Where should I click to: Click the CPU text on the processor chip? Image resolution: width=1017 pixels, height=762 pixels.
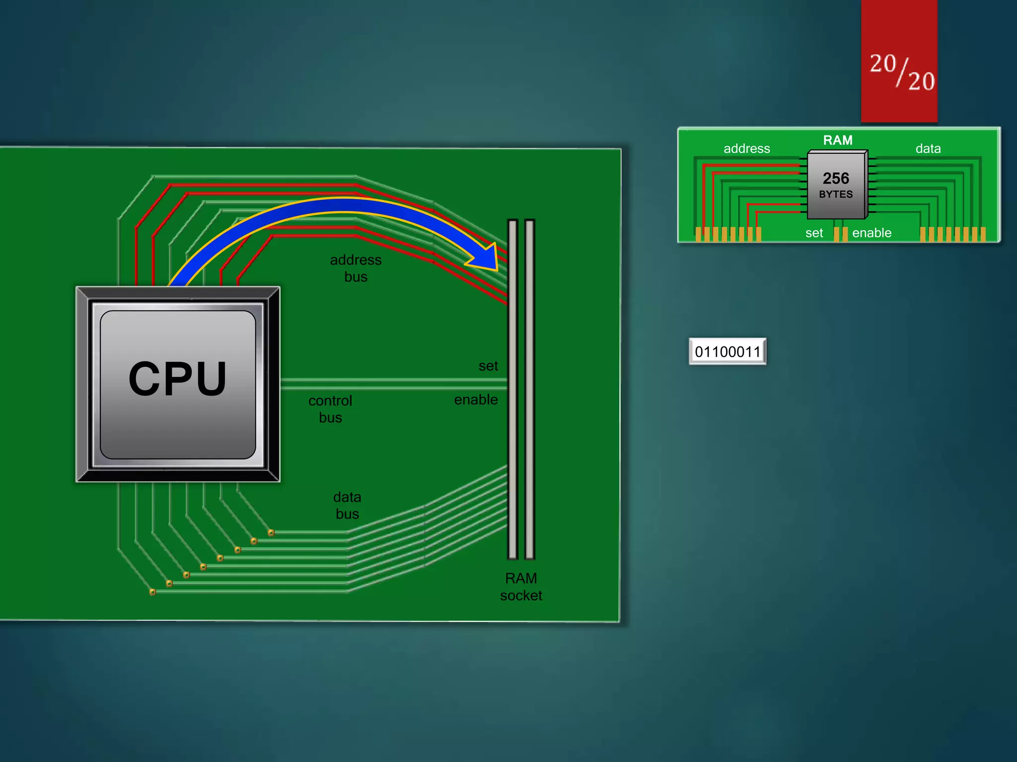[178, 379]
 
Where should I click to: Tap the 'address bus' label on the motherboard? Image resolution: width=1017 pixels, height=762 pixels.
[356, 268]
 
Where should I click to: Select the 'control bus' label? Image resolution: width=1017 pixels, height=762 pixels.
[330, 409]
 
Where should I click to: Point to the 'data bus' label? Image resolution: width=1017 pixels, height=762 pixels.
[347, 506]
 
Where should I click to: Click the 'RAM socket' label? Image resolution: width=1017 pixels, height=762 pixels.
[521, 587]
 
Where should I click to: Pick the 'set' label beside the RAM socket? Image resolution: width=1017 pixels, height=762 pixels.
[488, 366]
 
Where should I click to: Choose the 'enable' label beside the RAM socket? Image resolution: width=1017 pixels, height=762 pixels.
[476, 400]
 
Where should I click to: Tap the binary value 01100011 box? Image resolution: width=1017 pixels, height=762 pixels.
[727, 352]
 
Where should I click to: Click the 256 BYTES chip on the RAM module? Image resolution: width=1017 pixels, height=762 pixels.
[836, 185]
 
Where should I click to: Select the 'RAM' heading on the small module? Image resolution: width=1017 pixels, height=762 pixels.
[838, 140]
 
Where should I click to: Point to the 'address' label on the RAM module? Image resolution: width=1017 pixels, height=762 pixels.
[746, 149]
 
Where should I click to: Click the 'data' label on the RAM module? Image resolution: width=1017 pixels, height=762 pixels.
[928, 149]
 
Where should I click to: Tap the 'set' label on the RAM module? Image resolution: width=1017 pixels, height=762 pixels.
[814, 233]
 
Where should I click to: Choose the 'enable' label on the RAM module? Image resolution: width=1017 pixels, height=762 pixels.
[872, 233]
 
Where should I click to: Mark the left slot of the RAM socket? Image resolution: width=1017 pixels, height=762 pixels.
[513, 389]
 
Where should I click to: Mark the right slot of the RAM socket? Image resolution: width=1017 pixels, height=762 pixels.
[529, 389]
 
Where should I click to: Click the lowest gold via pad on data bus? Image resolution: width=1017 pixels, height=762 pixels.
[152, 592]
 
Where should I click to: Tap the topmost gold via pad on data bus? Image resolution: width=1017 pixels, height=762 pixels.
[271, 533]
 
